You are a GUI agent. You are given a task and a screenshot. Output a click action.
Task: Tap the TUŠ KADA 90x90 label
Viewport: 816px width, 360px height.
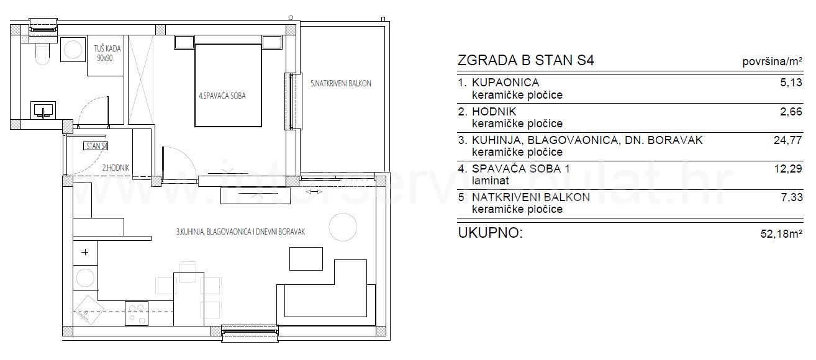107,53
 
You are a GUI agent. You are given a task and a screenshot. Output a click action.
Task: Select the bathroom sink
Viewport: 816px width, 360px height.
43,110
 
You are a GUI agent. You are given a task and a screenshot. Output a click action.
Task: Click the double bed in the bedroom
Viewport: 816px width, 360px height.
228,85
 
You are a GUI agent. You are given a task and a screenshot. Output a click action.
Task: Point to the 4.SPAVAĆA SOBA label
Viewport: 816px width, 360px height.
222,96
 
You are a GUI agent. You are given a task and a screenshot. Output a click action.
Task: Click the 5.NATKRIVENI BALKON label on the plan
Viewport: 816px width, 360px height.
340,83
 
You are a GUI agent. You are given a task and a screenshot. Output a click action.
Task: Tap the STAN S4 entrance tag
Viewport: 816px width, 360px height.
96,146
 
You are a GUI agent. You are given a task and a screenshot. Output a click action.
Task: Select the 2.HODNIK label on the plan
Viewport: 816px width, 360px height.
116,168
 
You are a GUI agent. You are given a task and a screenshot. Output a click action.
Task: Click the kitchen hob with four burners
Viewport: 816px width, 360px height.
137,313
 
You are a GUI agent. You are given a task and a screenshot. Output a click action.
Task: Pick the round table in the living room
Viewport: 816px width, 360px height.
343,227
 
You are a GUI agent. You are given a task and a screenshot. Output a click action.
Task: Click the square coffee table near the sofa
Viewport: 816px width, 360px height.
306,259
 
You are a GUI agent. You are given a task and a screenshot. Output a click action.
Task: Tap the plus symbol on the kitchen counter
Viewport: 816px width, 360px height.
85,252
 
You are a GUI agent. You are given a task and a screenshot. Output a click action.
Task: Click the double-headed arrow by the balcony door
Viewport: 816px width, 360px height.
314,192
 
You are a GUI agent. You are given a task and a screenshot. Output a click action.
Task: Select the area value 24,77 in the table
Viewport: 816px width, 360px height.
787,140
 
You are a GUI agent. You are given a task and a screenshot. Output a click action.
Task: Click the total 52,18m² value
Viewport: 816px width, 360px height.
781,234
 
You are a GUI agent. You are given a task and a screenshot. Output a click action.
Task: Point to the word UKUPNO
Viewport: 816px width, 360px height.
490,233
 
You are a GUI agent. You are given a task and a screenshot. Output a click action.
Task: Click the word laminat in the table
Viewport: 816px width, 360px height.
491,181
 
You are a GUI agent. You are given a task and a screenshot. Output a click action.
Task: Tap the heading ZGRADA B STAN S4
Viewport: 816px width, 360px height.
525,60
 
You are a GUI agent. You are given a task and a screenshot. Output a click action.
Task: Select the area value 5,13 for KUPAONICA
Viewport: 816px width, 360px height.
791,83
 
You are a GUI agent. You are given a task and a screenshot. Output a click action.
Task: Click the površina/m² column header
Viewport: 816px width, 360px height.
773,61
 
